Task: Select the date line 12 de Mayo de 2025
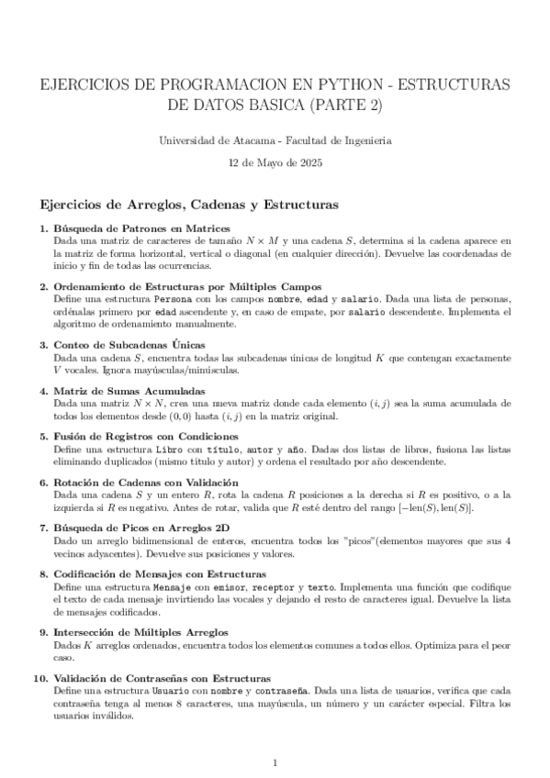coord(275,162)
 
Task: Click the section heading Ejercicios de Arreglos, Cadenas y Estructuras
coord(185,203)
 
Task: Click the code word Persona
coord(173,300)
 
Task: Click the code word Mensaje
coord(172,586)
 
